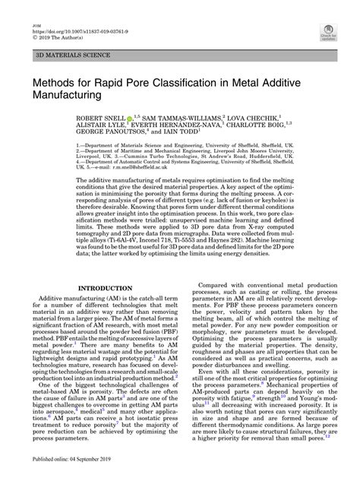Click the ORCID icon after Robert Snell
(141, 120)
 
